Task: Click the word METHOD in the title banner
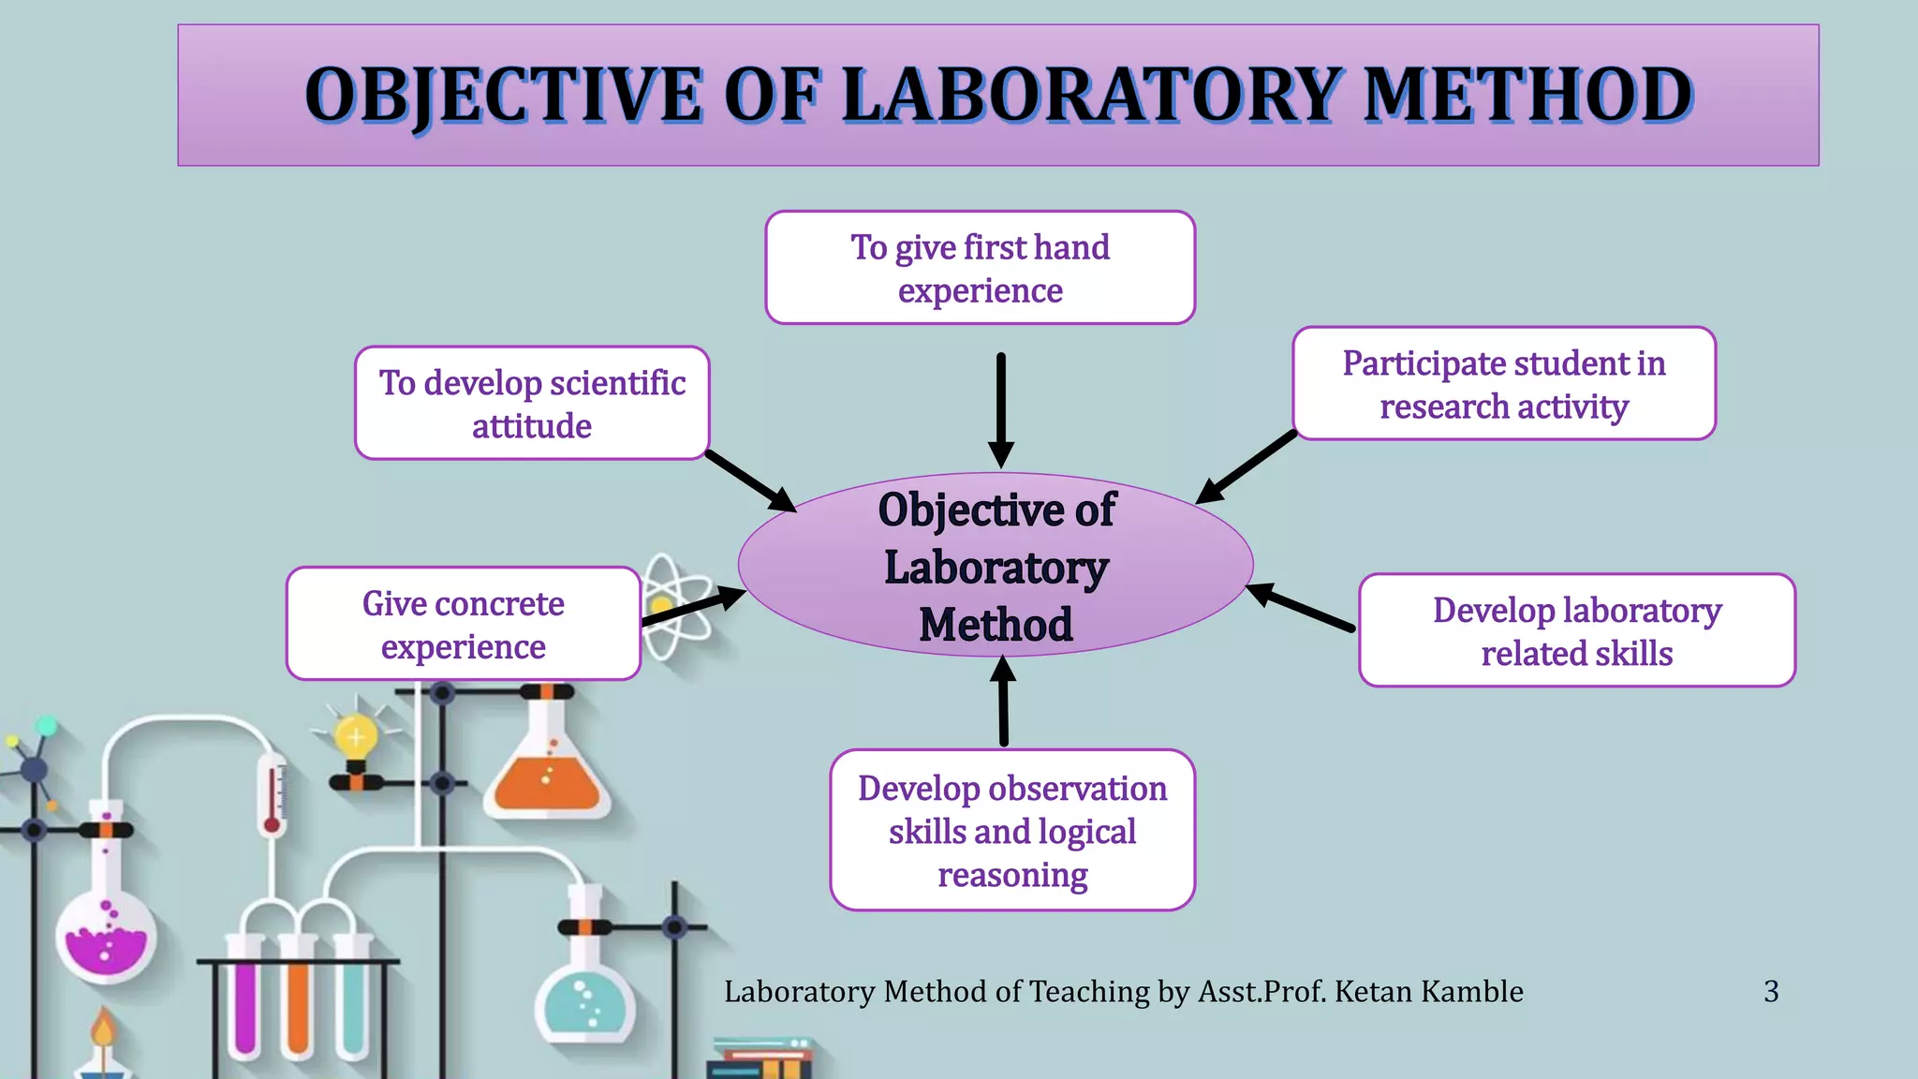click(1528, 96)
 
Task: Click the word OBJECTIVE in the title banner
click(503, 96)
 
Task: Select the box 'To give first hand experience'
click(980, 268)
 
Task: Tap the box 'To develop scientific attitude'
click(532, 404)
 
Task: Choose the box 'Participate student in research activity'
click(1504, 384)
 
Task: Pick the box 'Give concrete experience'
click(464, 624)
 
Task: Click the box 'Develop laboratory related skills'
click(1577, 630)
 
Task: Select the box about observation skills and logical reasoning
click(1012, 830)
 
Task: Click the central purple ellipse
click(996, 566)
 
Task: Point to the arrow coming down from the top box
click(1001, 408)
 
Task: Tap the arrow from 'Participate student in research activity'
click(1246, 467)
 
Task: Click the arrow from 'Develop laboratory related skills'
click(1302, 607)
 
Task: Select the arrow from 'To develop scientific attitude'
click(749, 480)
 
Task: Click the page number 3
click(1771, 991)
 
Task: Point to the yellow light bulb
click(356, 738)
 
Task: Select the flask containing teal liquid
click(585, 1002)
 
